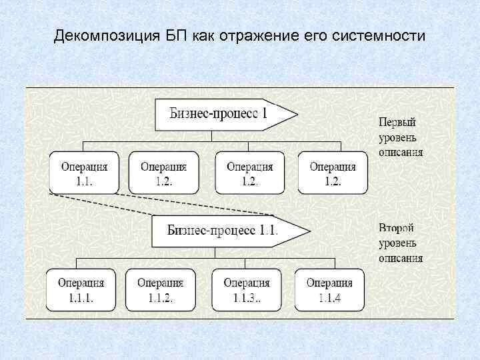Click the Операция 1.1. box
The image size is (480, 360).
[x=83, y=173]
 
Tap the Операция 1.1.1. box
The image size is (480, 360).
[x=81, y=290]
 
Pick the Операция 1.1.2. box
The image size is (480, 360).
[x=160, y=290]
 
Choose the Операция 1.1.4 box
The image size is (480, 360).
[x=329, y=290]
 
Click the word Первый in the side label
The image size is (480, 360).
[x=397, y=123]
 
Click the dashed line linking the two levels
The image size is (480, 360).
[x=167, y=205]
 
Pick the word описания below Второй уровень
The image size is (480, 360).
[x=401, y=258]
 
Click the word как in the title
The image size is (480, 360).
[x=205, y=35]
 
